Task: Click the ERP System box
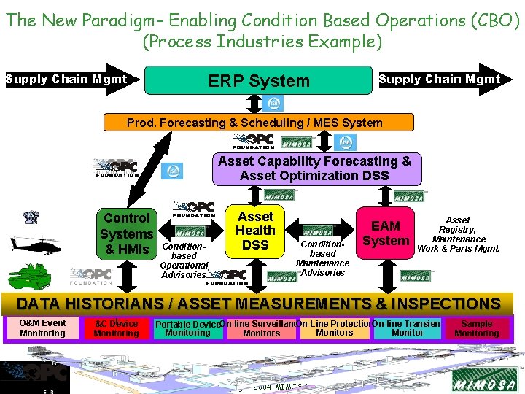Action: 259,80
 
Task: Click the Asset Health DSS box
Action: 255,231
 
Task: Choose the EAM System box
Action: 386,233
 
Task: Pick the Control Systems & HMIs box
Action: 127,233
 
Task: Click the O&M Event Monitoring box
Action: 42,328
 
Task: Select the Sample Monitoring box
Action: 477,328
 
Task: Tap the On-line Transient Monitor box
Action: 408,328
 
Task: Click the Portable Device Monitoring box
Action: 187,328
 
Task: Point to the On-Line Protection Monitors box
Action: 334,328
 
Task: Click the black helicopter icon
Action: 35,244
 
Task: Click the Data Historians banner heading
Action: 258,304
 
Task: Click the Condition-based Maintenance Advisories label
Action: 322,258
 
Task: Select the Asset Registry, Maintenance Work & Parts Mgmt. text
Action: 458,234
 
